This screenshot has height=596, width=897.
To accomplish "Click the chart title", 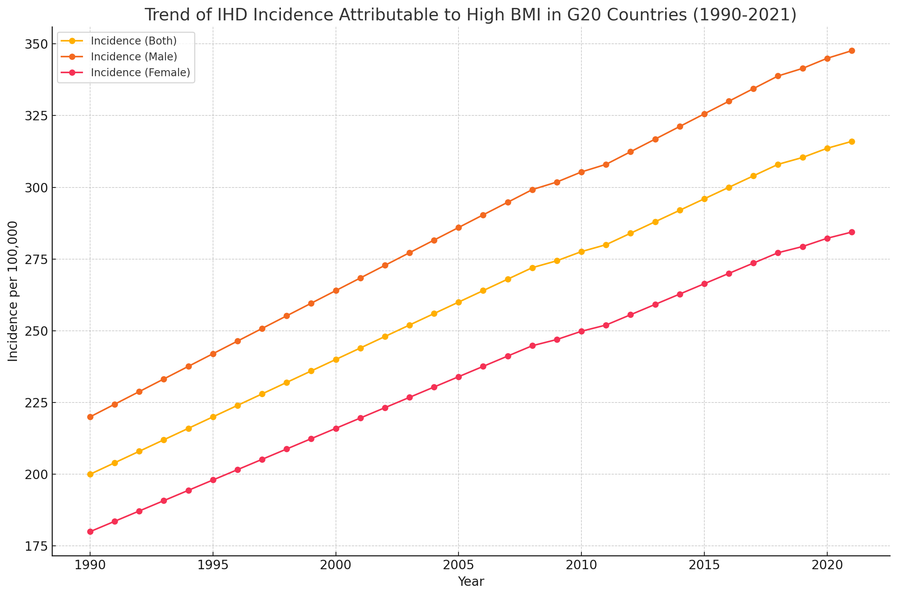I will tap(470, 15).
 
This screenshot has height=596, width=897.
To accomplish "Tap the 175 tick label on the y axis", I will tap(35, 547).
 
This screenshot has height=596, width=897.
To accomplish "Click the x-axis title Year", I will tap(471, 582).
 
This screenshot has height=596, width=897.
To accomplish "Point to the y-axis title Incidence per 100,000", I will tap(13, 292).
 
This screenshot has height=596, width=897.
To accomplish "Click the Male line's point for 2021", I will tap(852, 51).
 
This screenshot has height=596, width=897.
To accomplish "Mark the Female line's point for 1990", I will tap(90, 532).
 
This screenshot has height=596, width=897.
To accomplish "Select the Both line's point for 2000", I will tap(336, 359).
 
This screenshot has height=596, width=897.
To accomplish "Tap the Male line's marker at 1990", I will tap(90, 417).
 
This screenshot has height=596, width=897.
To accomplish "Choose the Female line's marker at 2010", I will tap(581, 332).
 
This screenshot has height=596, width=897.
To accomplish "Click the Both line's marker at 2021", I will tap(852, 142).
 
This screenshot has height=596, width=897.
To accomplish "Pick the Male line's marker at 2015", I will tap(704, 114).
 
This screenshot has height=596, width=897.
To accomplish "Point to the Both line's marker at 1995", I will tap(213, 417).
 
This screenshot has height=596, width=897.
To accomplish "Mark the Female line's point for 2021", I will tap(852, 232).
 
